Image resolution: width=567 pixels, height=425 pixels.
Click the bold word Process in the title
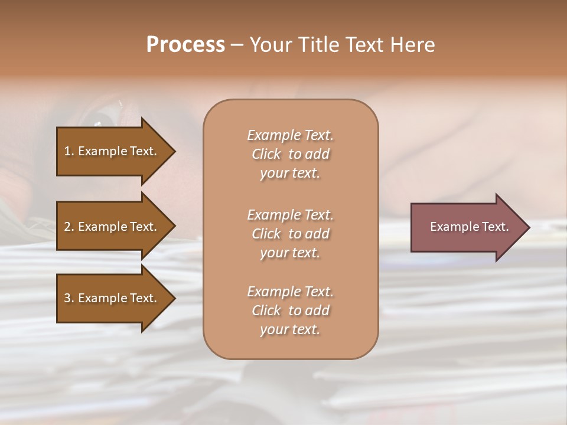point(185,45)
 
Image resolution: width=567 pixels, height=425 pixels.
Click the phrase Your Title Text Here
point(342,45)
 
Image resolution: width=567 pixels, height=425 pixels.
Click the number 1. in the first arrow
point(69,151)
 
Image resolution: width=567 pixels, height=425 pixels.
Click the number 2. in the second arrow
point(69,227)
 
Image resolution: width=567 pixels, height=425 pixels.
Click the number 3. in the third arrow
point(69,298)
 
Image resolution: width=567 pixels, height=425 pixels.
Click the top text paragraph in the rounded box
point(290,154)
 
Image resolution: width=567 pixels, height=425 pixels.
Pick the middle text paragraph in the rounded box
point(290,234)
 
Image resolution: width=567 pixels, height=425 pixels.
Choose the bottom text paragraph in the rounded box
point(290,310)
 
